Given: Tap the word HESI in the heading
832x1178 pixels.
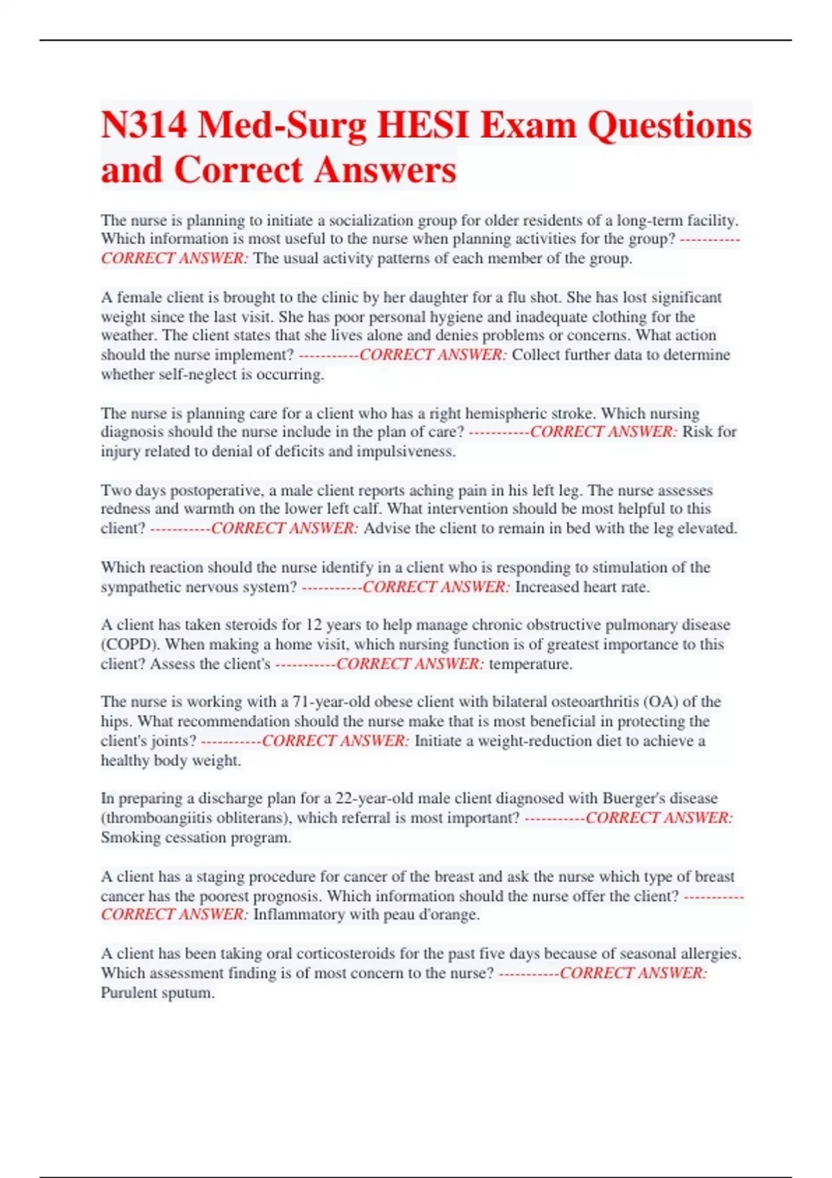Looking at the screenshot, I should point(423,125).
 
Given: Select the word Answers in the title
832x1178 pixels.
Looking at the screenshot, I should point(385,170).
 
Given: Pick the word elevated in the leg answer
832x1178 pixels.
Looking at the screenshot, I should point(705,528).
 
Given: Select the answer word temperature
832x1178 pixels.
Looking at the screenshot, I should point(530,664).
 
